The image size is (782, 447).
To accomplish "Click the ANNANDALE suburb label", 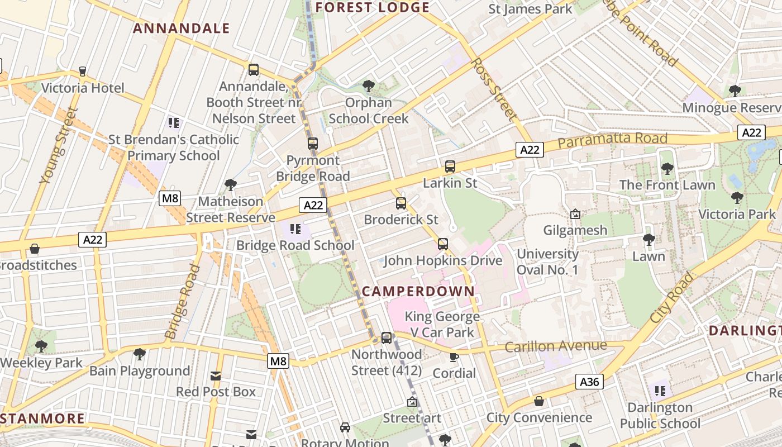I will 182,28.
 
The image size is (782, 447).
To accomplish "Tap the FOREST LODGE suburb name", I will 373,7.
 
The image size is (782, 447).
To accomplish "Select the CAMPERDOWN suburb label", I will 418,291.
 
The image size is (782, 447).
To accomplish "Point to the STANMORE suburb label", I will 42,419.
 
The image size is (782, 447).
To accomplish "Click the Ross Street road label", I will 493,88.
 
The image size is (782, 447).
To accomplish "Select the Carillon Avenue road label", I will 555,346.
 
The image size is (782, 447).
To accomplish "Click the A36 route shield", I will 589,382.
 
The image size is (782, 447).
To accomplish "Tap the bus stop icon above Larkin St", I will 450,167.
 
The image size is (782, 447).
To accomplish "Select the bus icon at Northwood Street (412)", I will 387,338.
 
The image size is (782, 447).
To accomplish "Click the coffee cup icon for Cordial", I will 454,357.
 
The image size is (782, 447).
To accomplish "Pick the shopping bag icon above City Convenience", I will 539,401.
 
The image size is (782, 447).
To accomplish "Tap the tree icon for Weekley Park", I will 41,346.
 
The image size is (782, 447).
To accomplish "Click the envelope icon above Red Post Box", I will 216,376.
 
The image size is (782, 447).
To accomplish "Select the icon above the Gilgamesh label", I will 575,214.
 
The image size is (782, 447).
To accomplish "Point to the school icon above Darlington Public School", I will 660,391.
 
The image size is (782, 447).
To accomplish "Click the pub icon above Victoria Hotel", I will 83,72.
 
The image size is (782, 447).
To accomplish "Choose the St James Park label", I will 530,9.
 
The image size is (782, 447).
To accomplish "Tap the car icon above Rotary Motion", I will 345,427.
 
